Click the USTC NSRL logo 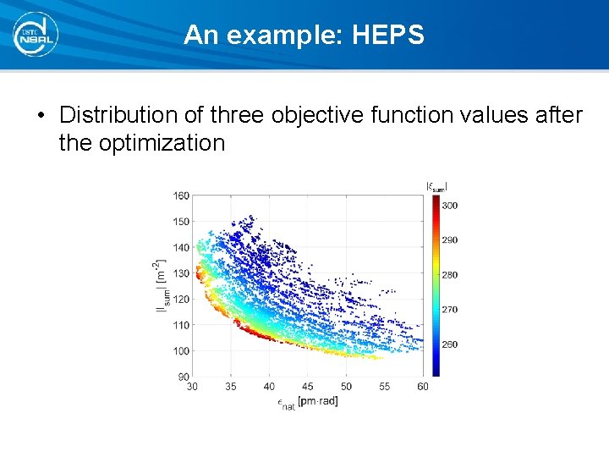tap(36, 34)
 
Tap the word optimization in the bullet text tap(162, 142)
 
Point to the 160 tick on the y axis tap(181, 195)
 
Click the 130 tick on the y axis tap(181, 273)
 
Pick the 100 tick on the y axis tap(181, 350)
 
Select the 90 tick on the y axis tap(184, 377)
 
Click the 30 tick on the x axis tap(193, 387)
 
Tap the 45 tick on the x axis tap(308, 387)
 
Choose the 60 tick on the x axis tap(423, 387)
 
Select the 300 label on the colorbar tap(450, 206)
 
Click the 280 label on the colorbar tap(450, 275)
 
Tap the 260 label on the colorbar tap(450, 344)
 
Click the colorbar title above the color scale tap(436, 187)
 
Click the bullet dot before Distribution tap(41, 115)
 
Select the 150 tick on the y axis tap(181, 222)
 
